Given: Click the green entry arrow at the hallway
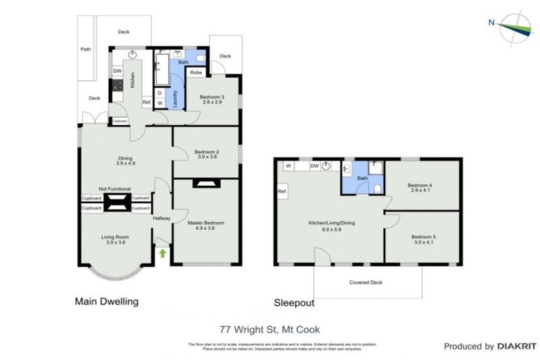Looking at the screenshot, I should [162, 252].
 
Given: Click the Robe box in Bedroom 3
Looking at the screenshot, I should [196, 72].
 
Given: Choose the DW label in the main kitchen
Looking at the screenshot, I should [117, 71].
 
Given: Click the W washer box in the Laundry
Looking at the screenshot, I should [160, 103].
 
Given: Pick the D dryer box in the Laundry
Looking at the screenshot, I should [160, 92].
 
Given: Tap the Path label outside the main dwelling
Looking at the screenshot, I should [86, 50].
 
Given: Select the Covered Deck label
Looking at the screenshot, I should [367, 283].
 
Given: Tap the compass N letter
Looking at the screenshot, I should [491, 22].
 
